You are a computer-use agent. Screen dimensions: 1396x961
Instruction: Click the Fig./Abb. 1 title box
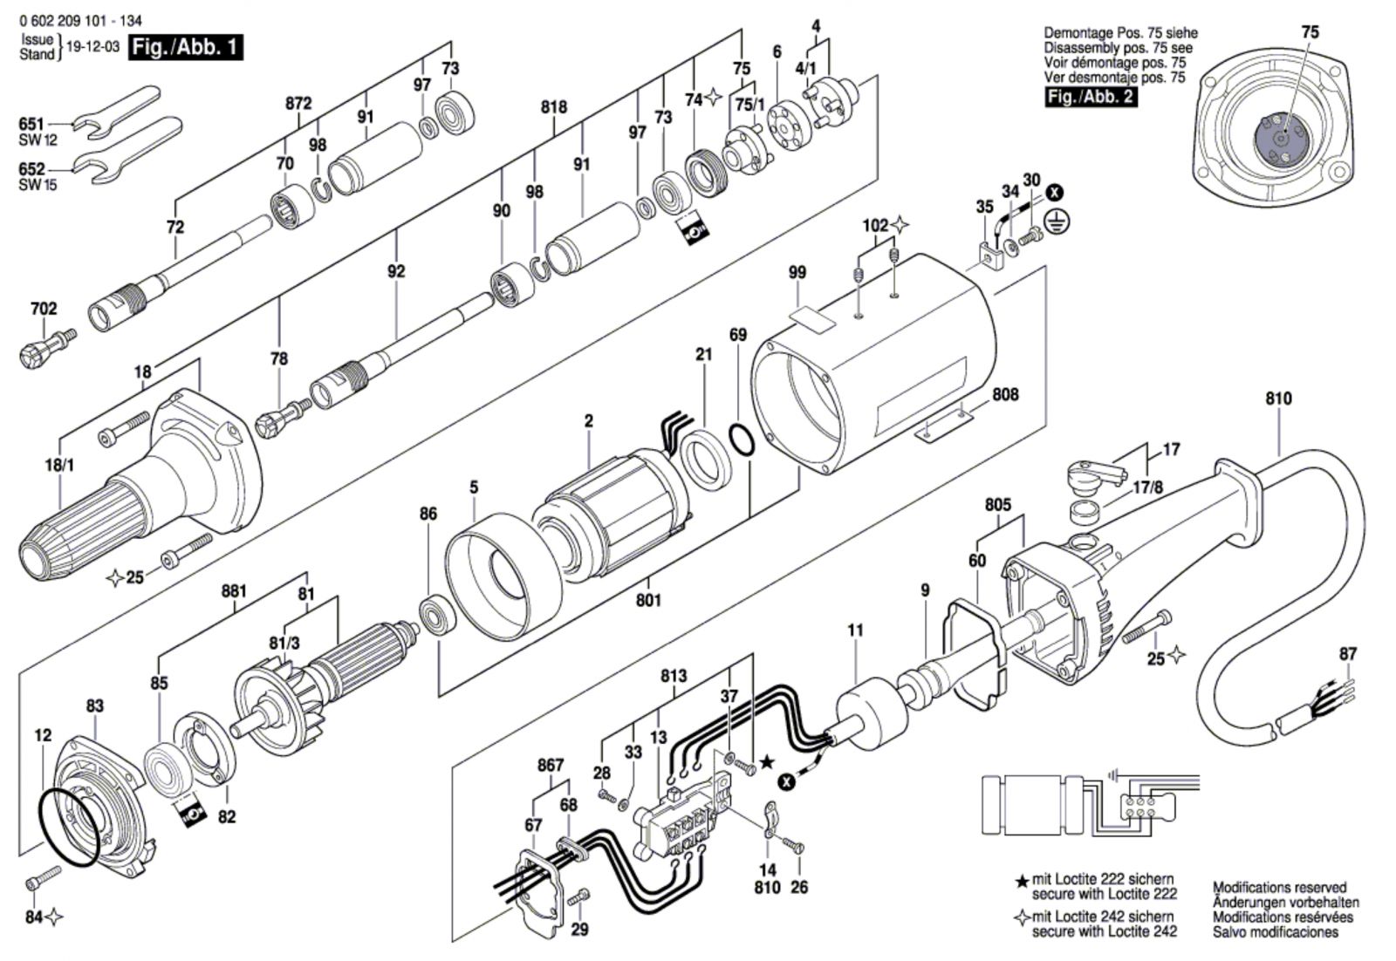[x=186, y=47]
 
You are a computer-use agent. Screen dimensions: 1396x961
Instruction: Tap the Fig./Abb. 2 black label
[x=1091, y=97]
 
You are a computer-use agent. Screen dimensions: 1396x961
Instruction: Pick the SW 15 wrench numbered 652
[x=127, y=153]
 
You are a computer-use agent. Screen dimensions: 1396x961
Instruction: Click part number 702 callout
[x=44, y=309]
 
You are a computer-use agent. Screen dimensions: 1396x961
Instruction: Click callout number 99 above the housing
[x=797, y=272]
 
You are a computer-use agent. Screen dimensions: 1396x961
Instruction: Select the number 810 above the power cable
[x=1279, y=398]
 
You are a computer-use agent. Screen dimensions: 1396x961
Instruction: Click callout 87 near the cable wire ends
[x=1348, y=654]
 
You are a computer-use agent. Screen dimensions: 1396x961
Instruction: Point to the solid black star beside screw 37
[x=768, y=761]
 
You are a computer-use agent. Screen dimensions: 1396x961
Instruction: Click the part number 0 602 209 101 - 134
[x=80, y=21]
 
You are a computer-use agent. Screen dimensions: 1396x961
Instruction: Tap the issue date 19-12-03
[x=92, y=47]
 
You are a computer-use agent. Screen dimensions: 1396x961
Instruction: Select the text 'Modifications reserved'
[x=1279, y=887]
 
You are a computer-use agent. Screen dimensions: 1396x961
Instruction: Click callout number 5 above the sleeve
[x=474, y=487]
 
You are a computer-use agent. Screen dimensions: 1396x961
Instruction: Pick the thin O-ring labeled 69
[x=742, y=441]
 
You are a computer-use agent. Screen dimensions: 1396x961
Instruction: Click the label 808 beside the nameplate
[x=1005, y=394]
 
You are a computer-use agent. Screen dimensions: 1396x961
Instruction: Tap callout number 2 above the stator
[x=589, y=421]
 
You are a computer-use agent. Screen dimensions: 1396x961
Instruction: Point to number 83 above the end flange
[x=95, y=705]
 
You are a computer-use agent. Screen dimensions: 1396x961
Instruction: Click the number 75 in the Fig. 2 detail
[x=1310, y=31]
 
